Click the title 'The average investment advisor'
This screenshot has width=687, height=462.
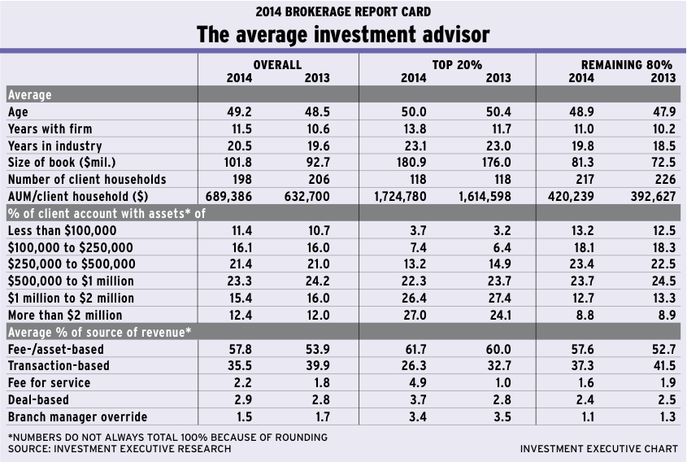pyautogui.click(x=343, y=35)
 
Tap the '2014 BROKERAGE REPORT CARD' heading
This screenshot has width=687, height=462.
pyautogui.click(x=343, y=11)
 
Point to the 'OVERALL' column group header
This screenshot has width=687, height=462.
pyautogui.click(x=277, y=64)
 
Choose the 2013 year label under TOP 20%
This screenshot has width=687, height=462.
pyautogui.click(x=498, y=78)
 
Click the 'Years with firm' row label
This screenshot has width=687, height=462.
pyautogui.click(x=50, y=129)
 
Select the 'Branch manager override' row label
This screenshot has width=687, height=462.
pyautogui.click(x=77, y=416)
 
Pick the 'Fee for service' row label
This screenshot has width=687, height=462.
pyautogui.click(x=48, y=382)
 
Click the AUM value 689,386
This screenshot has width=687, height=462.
pyautogui.click(x=236, y=196)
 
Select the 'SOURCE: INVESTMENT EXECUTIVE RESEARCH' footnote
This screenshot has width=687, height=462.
pyautogui.click(x=119, y=449)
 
